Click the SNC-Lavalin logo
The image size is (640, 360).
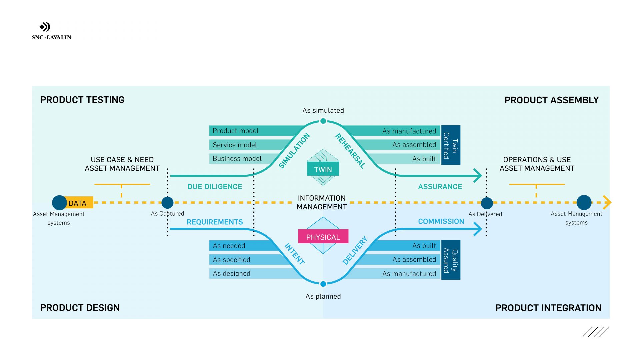(x=51, y=31)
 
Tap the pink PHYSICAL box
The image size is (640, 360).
(x=323, y=237)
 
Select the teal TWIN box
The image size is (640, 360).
(x=323, y=169)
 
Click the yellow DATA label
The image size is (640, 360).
(x=78, y=203)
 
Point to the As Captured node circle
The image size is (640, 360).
(x=167, y=202)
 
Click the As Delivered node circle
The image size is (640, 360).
(x=487, y=203)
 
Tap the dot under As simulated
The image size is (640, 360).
(x=323, y=121)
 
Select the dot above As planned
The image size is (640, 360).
(x=323, y=284)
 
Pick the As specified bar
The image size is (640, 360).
(x=247, y=260)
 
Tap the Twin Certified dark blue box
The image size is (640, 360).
(x=451, y=145)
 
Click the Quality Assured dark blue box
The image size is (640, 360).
(x=451, y=260)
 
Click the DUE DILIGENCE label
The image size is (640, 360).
(x=215, y=187)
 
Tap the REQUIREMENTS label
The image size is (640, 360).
(x=215, y=222)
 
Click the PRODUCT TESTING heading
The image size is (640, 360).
(x=82, y=100)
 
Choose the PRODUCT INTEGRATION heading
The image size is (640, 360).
(x=548, y=308)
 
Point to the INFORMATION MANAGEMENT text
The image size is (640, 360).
(x=322, y=202)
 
